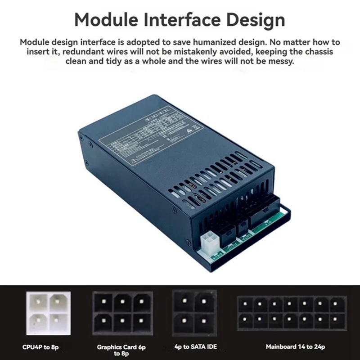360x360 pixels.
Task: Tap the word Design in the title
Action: [253, 20]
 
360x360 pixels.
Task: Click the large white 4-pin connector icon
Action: [48, 313]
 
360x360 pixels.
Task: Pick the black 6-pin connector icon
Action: [122, 313]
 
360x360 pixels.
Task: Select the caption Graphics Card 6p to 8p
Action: [121, 350]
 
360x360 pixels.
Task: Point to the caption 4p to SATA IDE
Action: [196, 347]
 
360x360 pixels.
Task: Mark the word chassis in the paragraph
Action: [319, 52]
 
